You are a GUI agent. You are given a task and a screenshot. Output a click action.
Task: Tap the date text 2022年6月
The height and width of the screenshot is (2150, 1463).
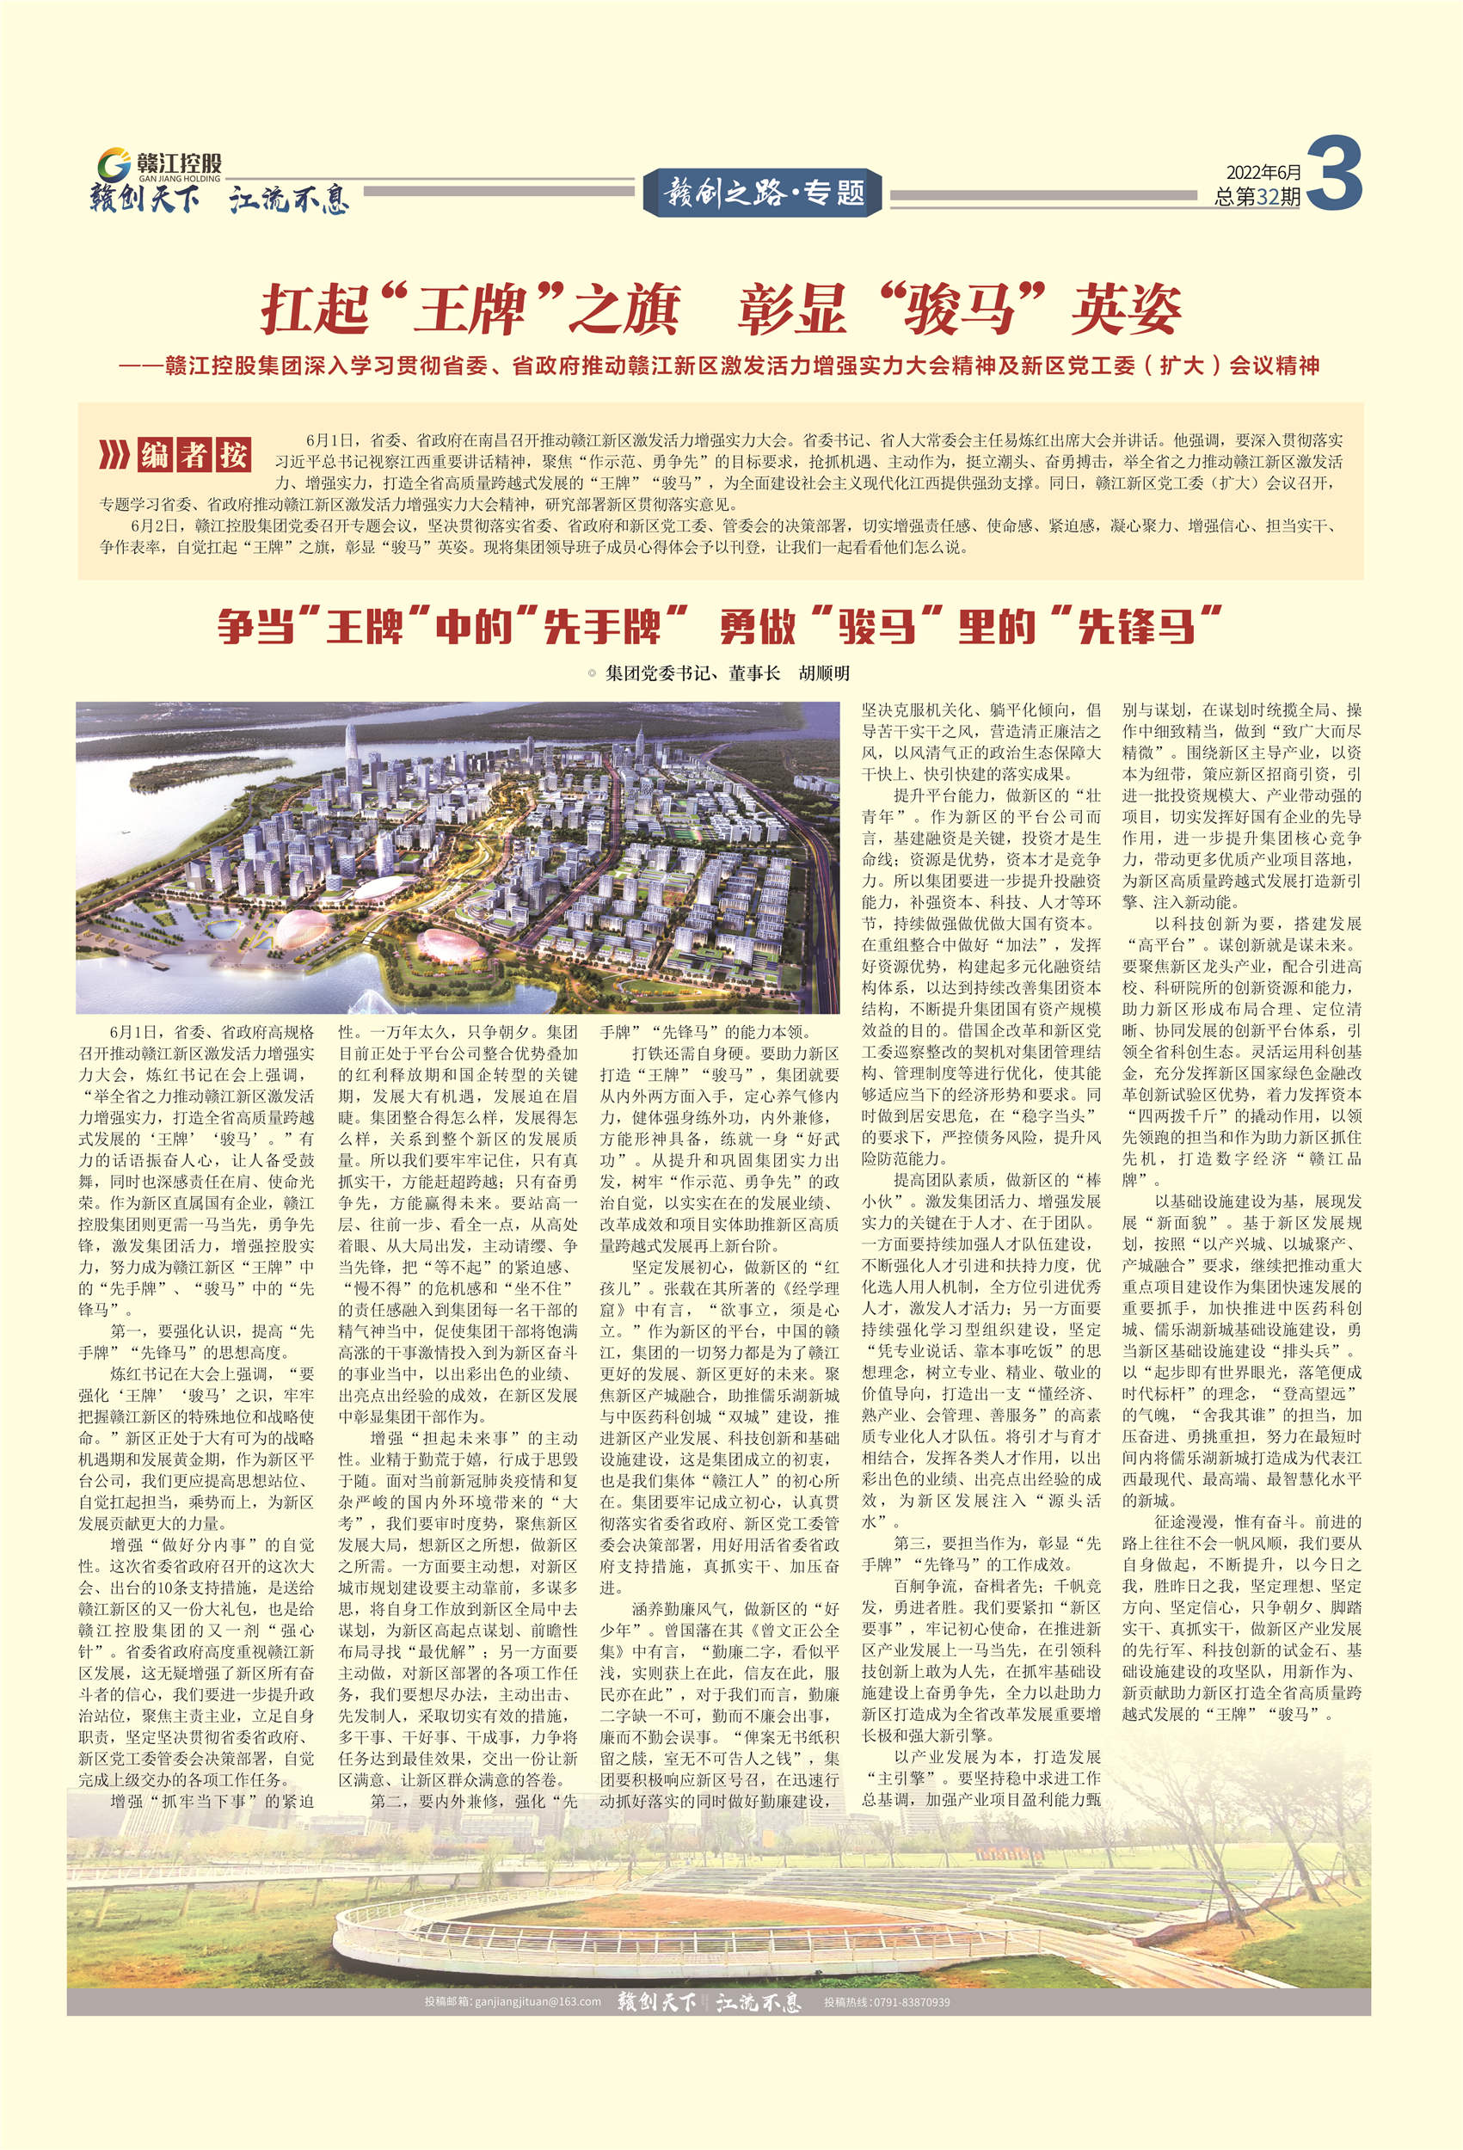(1263, 173)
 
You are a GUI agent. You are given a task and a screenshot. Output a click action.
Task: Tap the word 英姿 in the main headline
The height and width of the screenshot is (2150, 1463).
(1125, 309)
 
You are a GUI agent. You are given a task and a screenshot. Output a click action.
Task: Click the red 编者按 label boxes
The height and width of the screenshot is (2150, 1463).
(194, 455)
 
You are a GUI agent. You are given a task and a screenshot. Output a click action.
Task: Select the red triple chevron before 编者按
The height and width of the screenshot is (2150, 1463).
(114, 455)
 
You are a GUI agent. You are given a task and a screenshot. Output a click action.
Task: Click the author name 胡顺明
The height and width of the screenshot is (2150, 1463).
(824, 673)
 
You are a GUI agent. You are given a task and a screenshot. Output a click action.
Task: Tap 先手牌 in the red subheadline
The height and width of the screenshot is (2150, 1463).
(601, 626)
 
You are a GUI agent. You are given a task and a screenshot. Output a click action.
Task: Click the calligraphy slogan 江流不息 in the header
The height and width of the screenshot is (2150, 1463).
(290, 199)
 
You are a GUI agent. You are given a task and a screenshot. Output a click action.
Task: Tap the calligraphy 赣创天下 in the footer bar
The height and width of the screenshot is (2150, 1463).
(655, 2001)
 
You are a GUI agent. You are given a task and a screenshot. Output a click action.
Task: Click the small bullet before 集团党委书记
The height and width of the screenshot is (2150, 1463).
(592, 673)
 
